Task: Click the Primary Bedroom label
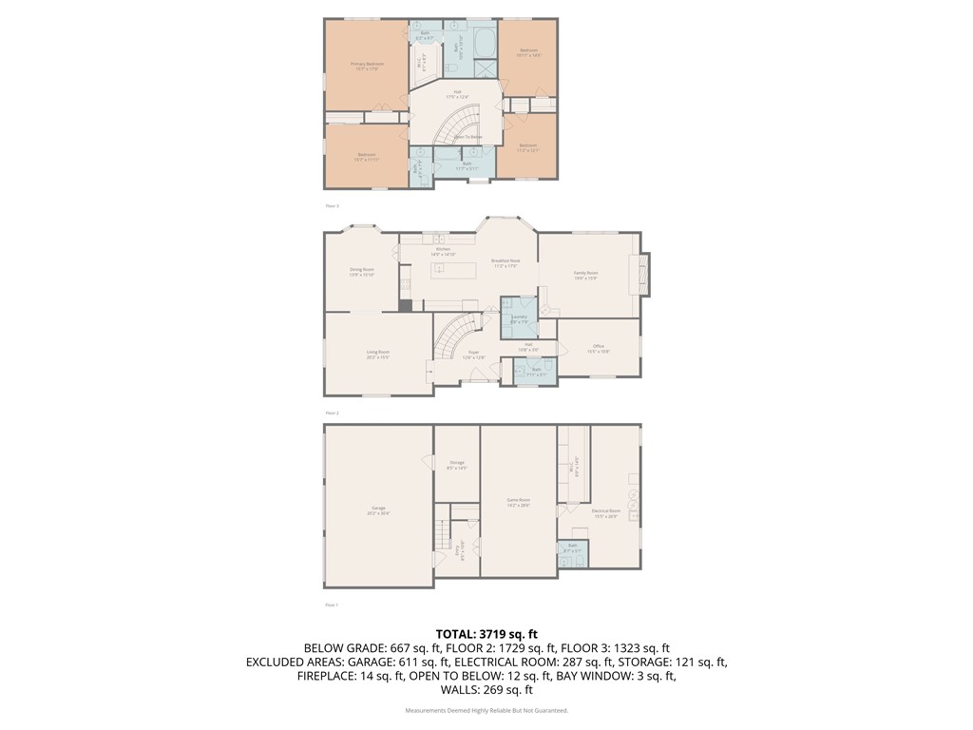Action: [367, 65]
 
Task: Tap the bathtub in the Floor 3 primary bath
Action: [486, 43]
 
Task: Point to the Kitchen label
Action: [444, 250]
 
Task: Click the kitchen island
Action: [452, 270]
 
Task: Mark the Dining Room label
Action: [362, 270]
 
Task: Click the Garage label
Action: [378, 511]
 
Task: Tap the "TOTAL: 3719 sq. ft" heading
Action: [486, 634]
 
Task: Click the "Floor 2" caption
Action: [332, 413]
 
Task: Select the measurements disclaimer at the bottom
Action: [486, 711]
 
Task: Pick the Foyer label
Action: [473, 354]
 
